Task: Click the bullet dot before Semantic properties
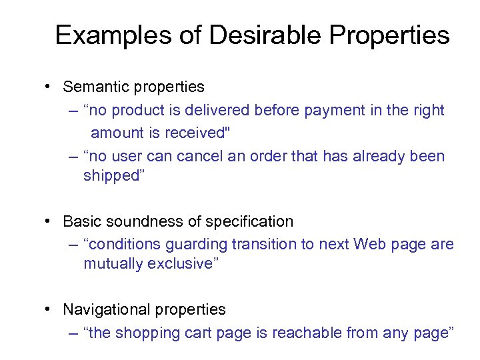tap(49, 87)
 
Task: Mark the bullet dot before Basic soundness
tap(49, 221)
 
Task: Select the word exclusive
tap(183, 264)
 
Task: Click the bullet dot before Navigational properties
tap(49, 309)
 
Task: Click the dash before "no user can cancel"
tap(73, 156)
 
